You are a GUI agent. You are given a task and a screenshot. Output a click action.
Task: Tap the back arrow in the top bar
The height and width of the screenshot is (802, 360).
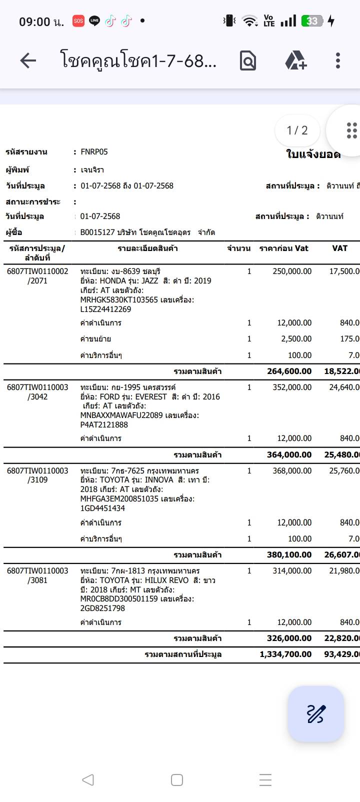point(28,60)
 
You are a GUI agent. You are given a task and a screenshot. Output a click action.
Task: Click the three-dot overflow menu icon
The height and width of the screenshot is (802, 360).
point(338,60)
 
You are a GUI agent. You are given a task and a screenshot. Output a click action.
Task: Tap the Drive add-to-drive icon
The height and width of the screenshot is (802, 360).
point(295,60)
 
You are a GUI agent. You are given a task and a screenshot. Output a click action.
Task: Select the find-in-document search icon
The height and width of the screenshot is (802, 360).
point(248,60)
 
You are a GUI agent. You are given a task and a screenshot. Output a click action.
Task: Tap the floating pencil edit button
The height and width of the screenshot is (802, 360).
point(315,713)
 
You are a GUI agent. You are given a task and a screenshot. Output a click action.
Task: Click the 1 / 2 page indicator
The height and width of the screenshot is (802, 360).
point(297,130)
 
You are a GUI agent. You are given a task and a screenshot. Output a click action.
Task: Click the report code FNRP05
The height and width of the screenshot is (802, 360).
point(94,152)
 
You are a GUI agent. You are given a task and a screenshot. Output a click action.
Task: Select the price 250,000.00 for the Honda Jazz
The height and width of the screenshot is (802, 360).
point(292,271)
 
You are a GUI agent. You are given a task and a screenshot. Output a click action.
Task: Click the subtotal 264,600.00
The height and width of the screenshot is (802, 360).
point(289,371)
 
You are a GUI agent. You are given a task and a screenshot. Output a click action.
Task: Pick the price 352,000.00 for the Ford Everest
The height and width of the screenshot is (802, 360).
point(292,387)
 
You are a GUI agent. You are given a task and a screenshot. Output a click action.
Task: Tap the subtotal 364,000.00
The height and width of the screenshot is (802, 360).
point(289,455)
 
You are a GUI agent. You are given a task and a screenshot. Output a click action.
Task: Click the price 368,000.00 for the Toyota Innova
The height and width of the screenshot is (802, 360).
point(292,471)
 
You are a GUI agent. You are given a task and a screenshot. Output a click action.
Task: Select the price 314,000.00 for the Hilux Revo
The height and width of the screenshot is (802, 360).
point(292,571)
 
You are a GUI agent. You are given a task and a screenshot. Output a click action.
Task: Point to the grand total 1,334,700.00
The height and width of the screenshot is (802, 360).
point(285,654)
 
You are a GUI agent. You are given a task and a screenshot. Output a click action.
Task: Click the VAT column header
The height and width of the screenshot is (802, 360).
point(339,248)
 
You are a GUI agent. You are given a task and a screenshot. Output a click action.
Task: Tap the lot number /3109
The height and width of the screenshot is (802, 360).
point(37,480)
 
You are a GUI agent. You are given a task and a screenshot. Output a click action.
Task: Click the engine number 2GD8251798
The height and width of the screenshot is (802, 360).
point(102,608)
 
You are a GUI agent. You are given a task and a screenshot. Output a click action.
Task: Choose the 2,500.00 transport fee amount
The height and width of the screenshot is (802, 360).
point(296,339)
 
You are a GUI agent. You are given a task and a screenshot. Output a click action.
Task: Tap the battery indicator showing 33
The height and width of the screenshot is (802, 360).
point(312,21)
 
